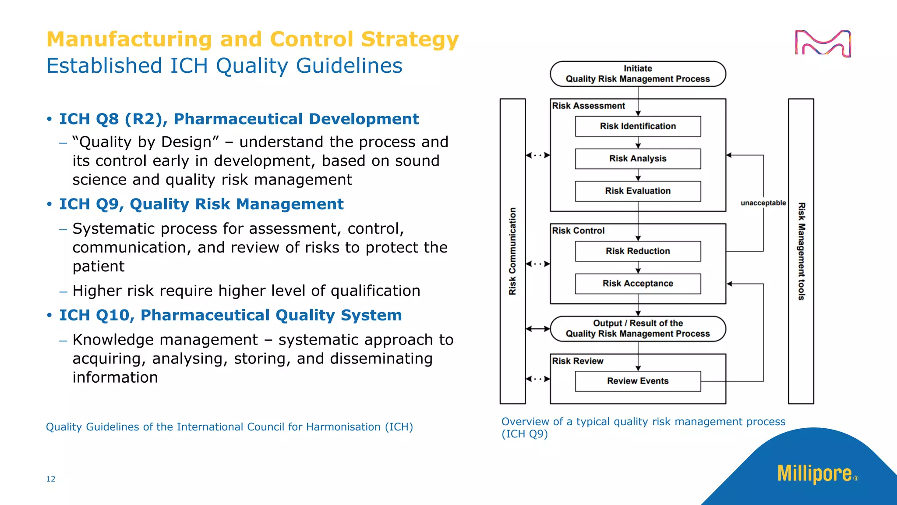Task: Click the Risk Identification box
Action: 638,126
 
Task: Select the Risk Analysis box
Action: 638,159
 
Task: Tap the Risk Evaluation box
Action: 638,191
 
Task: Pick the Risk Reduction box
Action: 638,251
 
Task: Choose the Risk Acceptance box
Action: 638,284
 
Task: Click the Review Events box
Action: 638,381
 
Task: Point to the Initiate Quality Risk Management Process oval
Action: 638,74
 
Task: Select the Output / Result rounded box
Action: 638,328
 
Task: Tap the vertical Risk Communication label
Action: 512,251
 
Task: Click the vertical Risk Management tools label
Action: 801,251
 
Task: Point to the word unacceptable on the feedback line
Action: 763,203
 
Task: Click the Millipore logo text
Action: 815,474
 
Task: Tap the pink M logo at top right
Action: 823,43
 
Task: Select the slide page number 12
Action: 51,479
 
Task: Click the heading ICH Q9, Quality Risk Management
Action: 201,204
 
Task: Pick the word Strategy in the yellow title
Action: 410,39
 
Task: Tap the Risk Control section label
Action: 578,231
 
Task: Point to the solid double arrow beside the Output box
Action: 538,329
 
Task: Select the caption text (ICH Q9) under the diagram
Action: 525,434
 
